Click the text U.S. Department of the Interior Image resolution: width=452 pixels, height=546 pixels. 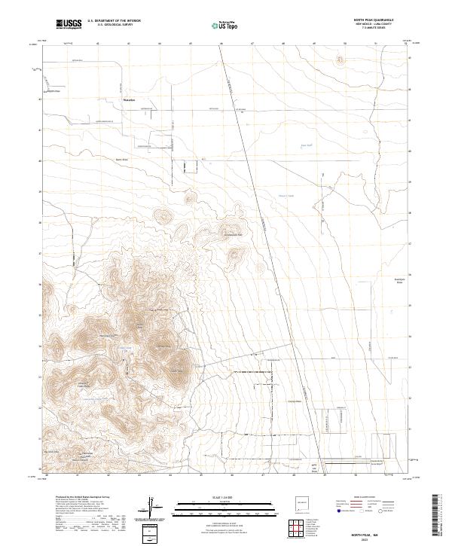pos(114,20)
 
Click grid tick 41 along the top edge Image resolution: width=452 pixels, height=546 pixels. pos(99,44)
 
